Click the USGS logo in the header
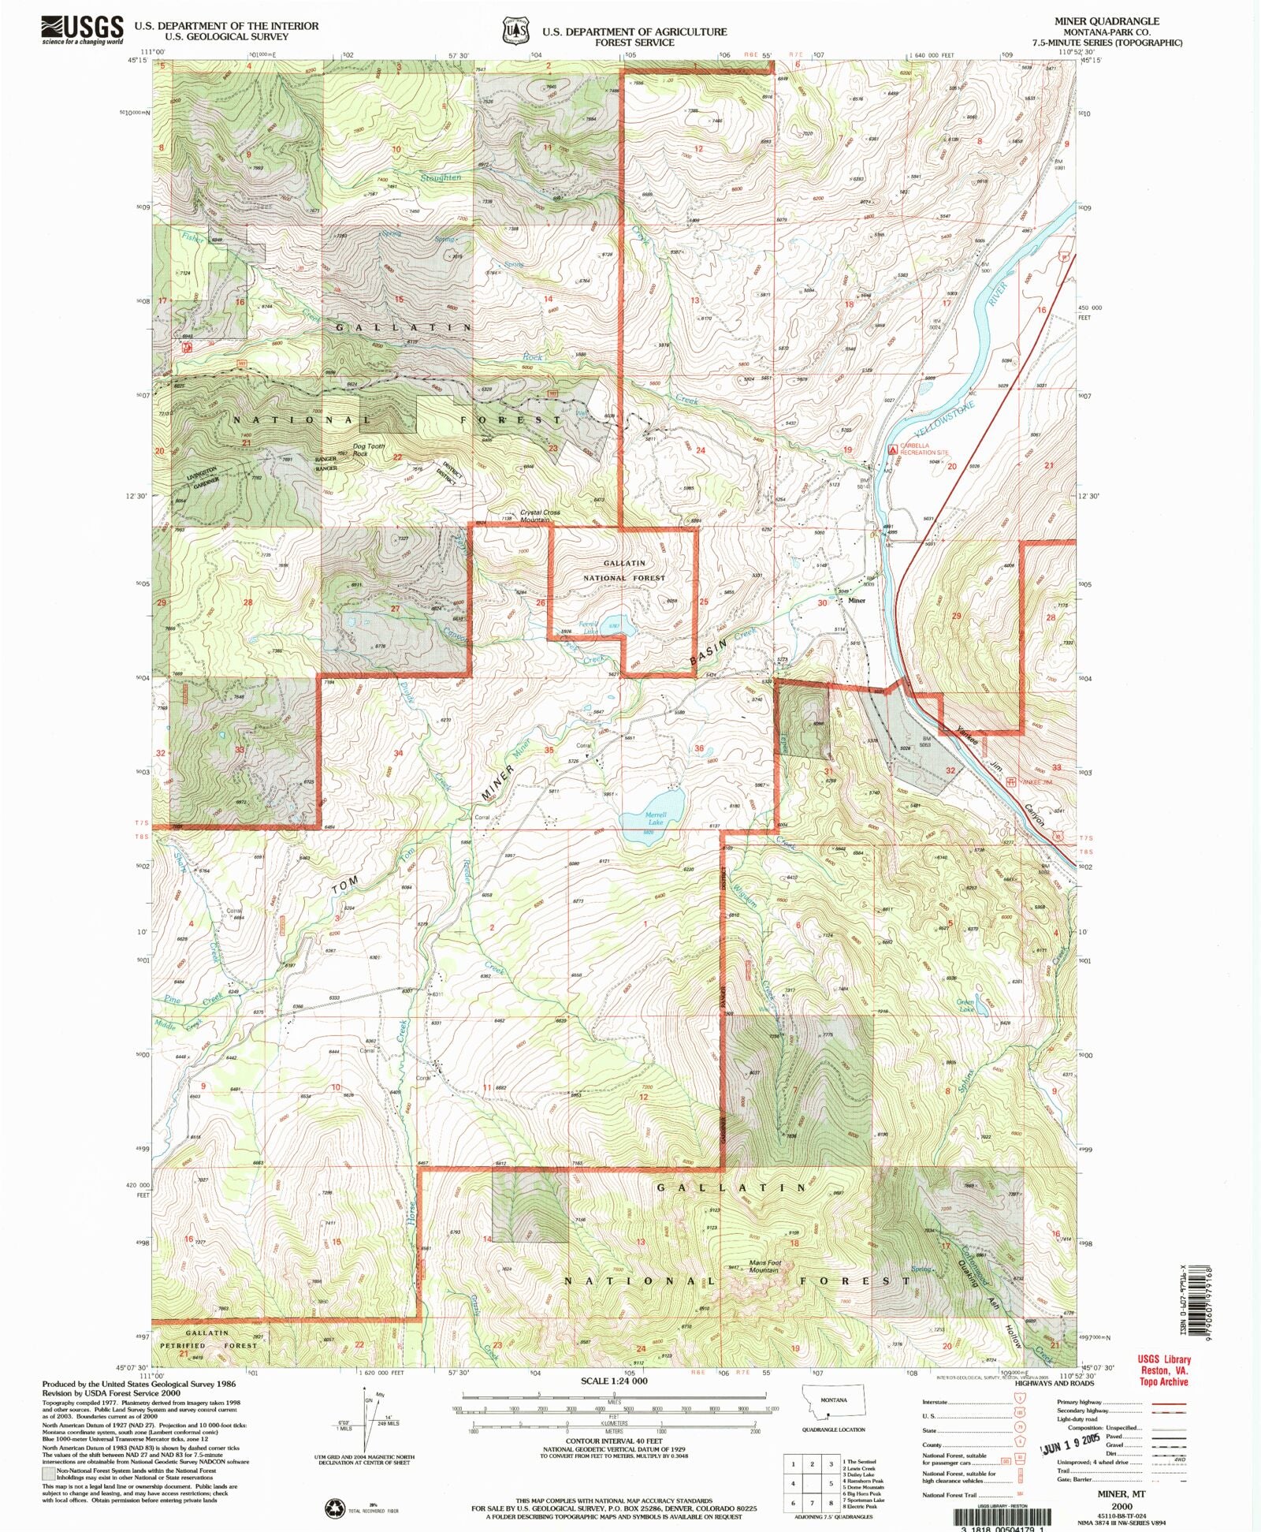83,30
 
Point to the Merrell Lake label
656,818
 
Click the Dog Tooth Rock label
369,449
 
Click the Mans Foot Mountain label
763,1288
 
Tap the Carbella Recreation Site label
926,449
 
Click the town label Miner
857,600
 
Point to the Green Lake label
965,1005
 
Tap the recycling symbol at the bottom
334,1508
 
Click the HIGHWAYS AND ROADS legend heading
1055,1382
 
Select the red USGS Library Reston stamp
1164,1370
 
